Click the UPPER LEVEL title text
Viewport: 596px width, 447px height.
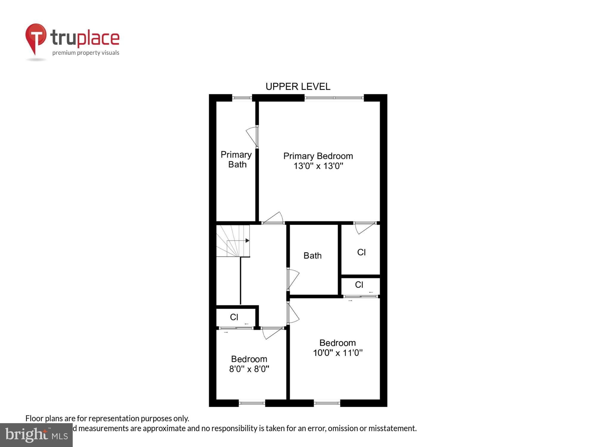[298, 87]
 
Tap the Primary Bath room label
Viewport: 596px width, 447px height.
[236, 159]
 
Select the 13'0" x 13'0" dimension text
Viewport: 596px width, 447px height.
[318, 166]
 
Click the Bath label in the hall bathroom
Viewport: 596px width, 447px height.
[312, 256]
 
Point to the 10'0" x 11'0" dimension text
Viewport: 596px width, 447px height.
[337, 353]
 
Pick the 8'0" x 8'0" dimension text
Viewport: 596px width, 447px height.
[249, 369]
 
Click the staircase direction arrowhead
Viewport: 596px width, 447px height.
[247, 240]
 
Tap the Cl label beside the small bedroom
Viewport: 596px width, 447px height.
[234, 317]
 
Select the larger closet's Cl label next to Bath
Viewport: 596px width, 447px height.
[361, 252]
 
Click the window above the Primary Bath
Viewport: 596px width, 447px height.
[242, 98]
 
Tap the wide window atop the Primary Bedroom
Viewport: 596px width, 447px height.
[334, 98]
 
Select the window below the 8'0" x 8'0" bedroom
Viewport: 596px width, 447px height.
[252, 403]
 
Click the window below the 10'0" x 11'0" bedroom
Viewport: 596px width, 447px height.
[327, 403]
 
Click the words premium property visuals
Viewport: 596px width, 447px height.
[86, 53]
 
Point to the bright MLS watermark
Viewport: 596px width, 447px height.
[36, 435]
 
